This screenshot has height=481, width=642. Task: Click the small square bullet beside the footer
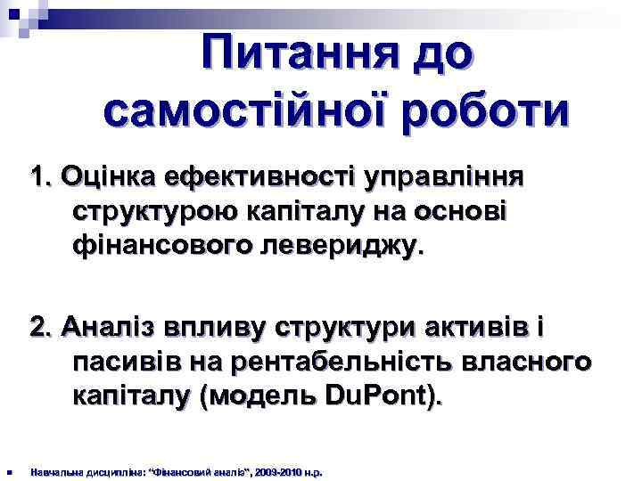(8, 471)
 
